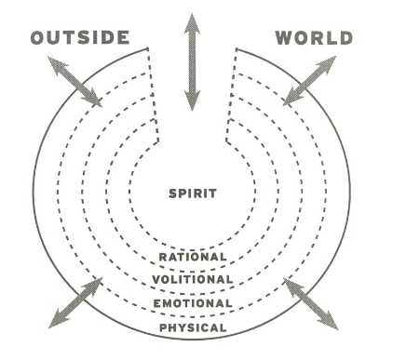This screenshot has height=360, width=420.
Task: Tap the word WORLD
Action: coord(314,38)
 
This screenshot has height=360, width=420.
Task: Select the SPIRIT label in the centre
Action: coord(193,193)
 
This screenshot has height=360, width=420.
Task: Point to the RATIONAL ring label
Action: coord(193,257)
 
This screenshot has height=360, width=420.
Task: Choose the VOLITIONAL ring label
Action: coord(193,280)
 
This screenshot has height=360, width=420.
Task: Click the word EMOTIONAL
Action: coord(193,303)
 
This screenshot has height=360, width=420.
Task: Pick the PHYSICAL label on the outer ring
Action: coord(193,327)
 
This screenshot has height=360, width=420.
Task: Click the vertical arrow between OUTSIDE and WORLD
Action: coord(192,62)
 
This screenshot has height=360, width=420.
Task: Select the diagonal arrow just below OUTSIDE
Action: coord(75,82)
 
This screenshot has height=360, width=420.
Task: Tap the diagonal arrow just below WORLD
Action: coord(310,80)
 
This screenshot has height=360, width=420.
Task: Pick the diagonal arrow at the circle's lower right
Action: coord(311,302)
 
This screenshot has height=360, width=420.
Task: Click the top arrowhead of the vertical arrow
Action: coord(192,22)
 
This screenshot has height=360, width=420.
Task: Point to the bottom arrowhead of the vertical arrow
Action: coord(192,102)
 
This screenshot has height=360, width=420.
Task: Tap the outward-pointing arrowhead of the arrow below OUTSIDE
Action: coord(55,63)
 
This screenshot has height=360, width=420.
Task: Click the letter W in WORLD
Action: coord(284,38)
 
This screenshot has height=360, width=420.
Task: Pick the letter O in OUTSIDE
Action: coord(38,38)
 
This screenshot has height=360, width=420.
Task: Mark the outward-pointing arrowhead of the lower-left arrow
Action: coord(54,320)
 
